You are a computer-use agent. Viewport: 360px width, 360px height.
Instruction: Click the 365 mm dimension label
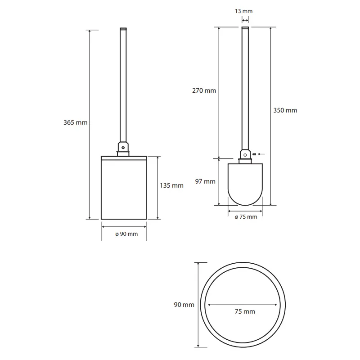[x=75, y=122]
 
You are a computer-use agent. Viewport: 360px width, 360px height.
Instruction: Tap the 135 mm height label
[x=171, y=185]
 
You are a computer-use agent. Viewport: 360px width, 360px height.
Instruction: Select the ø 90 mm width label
[x=126, y=234]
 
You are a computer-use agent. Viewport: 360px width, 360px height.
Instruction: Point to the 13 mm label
[x=243, y=11]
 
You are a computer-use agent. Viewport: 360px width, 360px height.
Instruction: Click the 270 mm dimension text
[x=204, y=90]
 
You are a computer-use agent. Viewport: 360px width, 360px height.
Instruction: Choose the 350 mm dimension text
[x=285, y=110]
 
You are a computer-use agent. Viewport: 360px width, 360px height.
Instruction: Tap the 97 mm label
[x=205, y=181]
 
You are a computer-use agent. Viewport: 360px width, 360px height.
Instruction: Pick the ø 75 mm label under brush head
[x=246, y=217]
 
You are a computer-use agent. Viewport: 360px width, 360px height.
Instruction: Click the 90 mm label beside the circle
[x=184, y=305]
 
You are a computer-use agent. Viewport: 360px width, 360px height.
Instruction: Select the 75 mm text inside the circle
[x=245, y=311]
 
